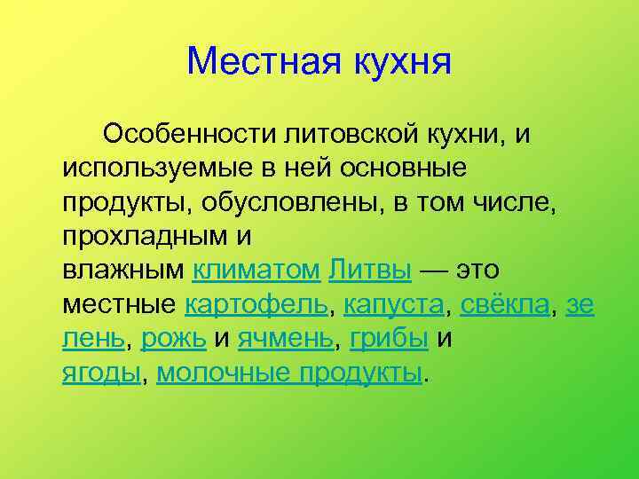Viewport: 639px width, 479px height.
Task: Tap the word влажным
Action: click(123, 270)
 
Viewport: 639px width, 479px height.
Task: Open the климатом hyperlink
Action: click(256, 270)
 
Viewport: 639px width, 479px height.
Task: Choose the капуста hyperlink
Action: click(393, 304)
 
